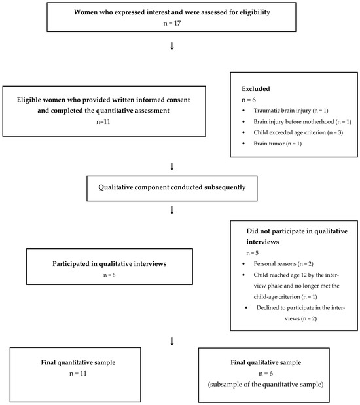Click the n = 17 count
(x=172, y=23)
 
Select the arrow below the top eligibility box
(x=172, y=46)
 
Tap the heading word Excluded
(x=256, y=89)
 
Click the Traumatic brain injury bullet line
(x=291, y=111)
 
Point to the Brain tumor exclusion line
(x=278, y=144)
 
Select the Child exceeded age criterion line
(x=298, y=132)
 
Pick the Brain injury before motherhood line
(x=302, y=122)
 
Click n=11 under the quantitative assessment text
(x=103, y=122)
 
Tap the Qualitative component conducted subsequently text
(x=172, y=187)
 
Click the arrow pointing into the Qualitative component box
(x=172, y=166)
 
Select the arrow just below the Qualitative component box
(x=172, y=210)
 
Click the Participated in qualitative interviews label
(x=109, y=263)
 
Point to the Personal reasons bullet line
(x=283, y=263)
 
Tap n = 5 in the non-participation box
(x=253, y=253)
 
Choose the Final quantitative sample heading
(x=78, y=362)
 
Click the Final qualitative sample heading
(x=266, y=362)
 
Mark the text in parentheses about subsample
(x=266, y=384)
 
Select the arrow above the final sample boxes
(x=172, y=341)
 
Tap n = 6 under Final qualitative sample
(x=266, y=374)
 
